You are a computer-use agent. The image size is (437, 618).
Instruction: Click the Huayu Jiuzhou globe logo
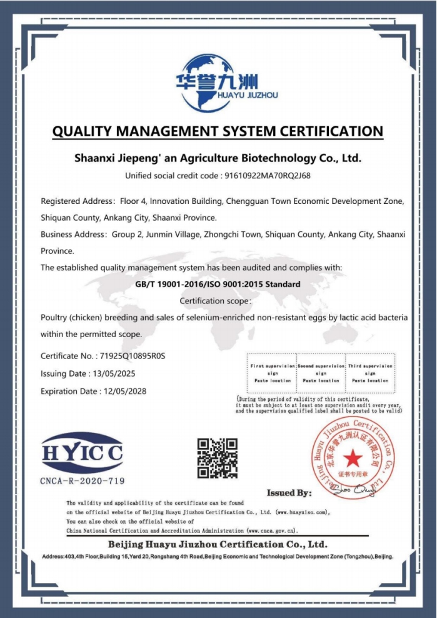tap(206, 81)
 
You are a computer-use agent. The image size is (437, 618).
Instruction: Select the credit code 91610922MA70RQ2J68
tap(267, 175)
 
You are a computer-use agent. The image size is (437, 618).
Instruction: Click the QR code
tap(218, 458)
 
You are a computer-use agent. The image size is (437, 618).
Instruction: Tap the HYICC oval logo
tap(82, 452)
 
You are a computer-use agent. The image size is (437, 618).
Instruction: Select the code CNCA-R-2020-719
tap(83, 481)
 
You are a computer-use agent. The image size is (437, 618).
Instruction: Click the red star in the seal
tap(352, 458)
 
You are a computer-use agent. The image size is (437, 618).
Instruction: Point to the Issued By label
tap(289, 493)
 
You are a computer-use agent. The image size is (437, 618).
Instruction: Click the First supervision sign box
tap(273, 373)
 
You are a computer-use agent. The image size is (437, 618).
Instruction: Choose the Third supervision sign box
tap(370, 373)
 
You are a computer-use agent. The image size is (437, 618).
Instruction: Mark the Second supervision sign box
tap(321, 373)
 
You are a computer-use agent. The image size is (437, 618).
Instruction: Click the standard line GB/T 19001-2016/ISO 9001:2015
tap(218, 284)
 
